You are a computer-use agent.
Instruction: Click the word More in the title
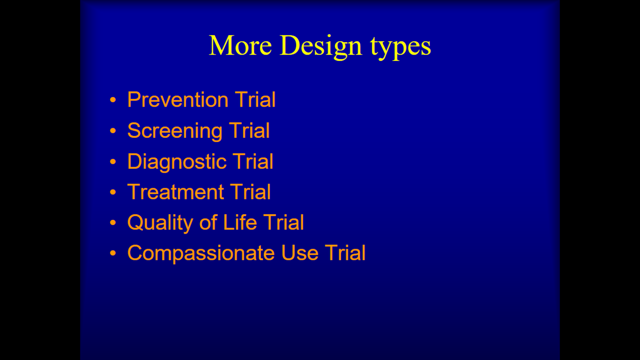point(240,45)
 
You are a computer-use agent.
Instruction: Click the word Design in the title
point(321,47)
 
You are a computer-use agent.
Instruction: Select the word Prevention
point(178,99)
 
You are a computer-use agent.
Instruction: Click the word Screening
point(175,131)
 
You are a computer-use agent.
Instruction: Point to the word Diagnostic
point(177,162)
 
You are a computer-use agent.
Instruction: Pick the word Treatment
point(176,192)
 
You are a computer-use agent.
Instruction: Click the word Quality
point(160,223)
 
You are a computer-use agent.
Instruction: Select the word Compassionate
point(201,253)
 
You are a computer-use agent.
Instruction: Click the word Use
point(300,253)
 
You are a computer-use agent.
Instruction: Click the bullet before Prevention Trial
point(113,100)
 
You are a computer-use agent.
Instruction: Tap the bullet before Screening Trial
point(113,131)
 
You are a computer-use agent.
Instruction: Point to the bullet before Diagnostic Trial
point(113,162)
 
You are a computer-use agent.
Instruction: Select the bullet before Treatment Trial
point(113,192)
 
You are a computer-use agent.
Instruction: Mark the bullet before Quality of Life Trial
point(113,222)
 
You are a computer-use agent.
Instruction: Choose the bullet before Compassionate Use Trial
point(113,253)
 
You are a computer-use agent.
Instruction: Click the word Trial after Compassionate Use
point(345,253)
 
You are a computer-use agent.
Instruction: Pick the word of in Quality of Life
point(208,222)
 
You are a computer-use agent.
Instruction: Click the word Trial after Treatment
point(250,192)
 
